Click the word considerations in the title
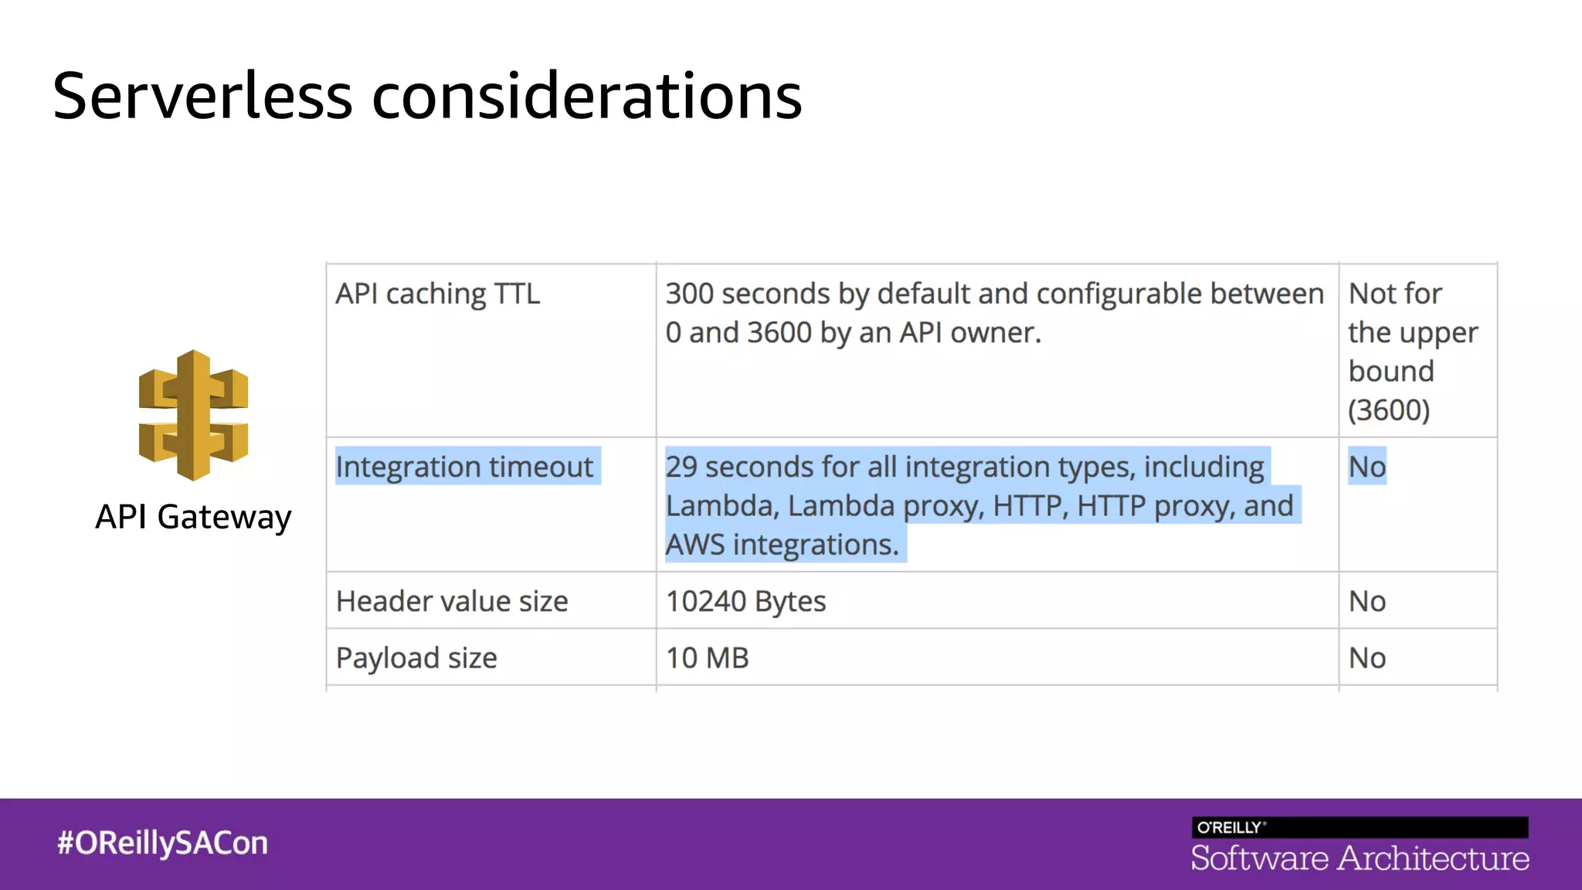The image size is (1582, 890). [x=587, y=97]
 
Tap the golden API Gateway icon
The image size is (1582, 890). [x=193, y=415]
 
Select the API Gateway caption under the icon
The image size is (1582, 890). [x=193, y=517]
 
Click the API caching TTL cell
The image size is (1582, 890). [x=437, y=294]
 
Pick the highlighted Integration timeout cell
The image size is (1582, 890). [x=464, y=467]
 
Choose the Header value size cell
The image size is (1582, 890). [x=452, y=601]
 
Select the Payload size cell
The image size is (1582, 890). [x=416, y=658]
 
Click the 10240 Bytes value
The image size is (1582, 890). [x=745, y=601]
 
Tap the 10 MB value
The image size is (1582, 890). [x=707, y=658]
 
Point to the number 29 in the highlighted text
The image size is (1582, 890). [x=681, y=467]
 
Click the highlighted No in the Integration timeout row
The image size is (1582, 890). [x=1366, y=467]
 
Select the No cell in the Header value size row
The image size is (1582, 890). [x=1366, y=601]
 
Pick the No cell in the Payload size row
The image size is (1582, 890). [x=1366, y=658]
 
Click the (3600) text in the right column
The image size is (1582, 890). [x=1389, y=410]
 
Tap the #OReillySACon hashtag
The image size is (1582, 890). [x=162, y=843]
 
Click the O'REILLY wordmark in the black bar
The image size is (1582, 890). [x=1231, y=827]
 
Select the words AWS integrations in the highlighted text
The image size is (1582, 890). [x=782, y=545]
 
